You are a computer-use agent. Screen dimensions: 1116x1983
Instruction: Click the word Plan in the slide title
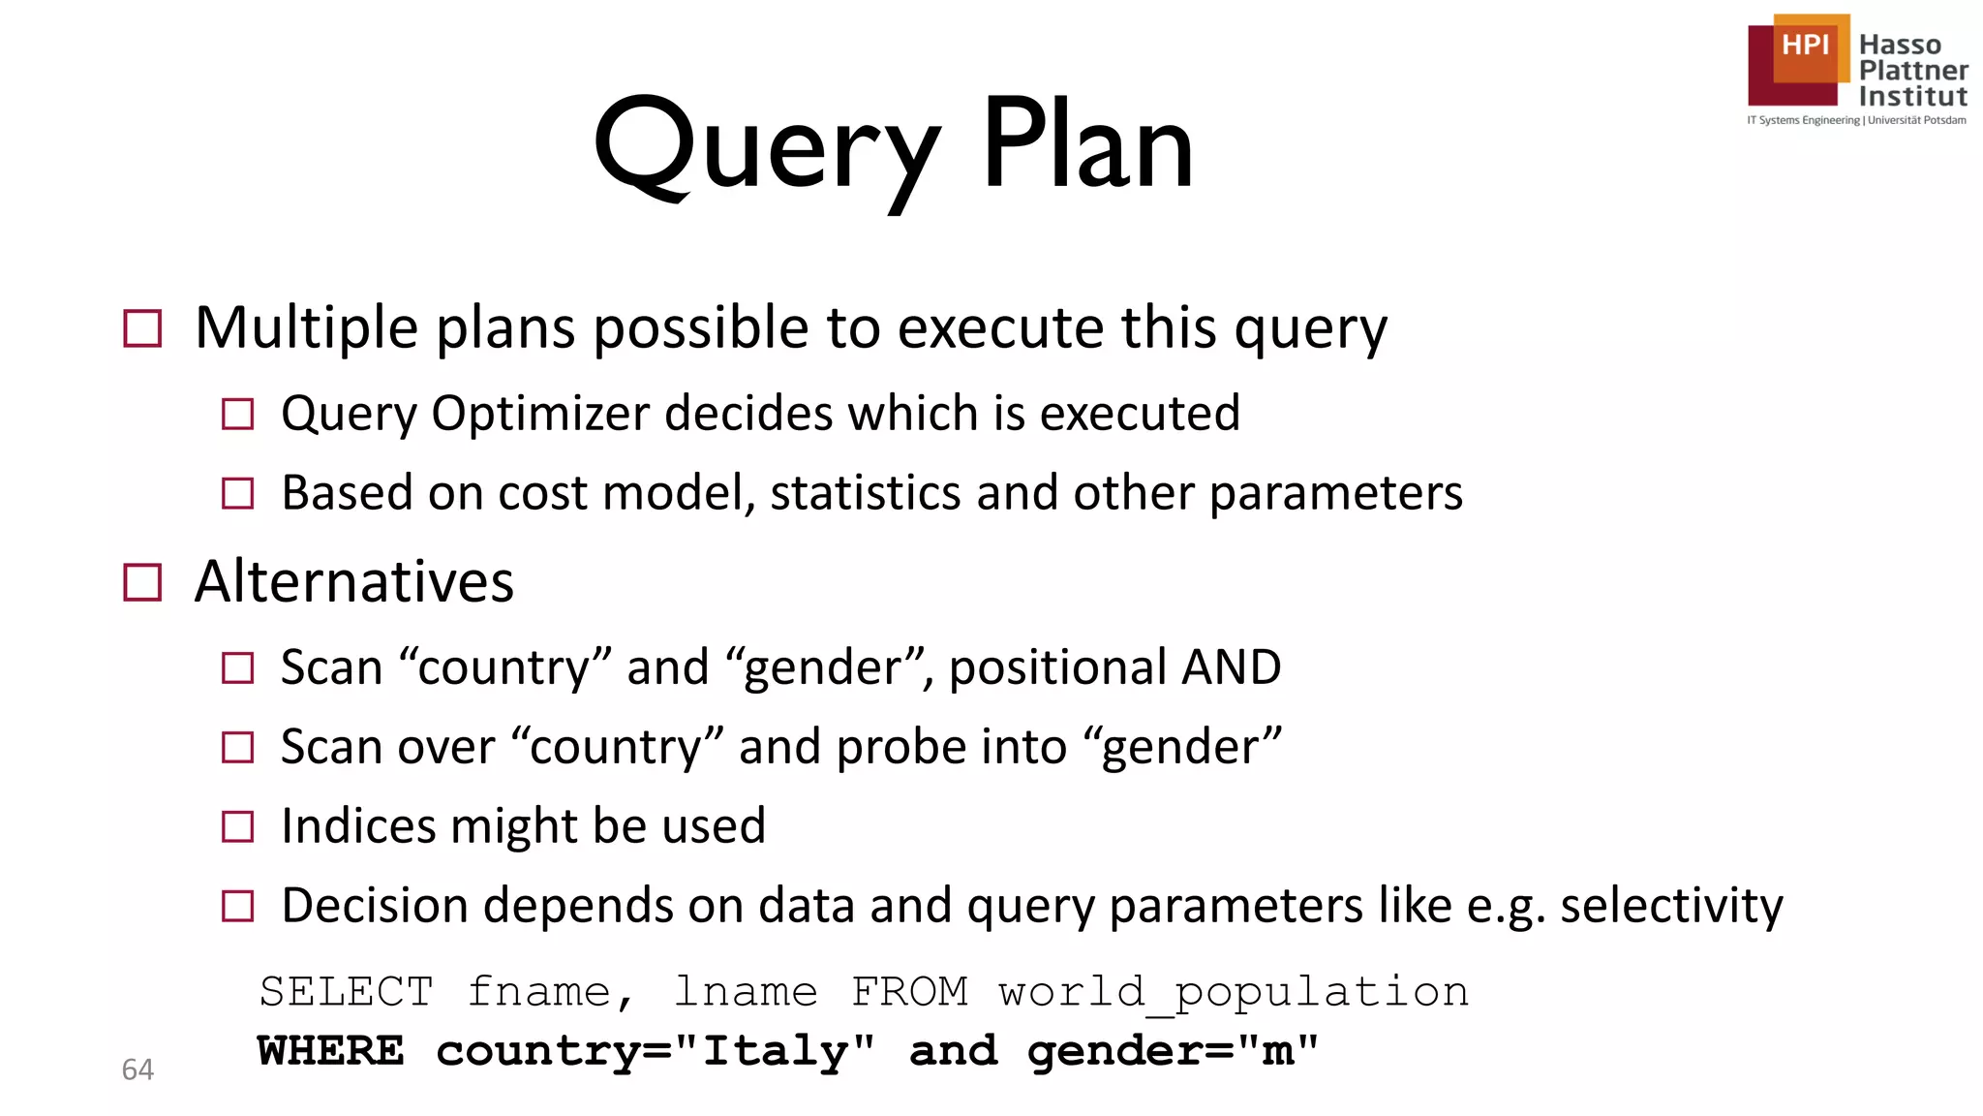tap(1087, 145)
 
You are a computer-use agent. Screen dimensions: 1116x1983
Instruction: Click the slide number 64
tap(137, 1069)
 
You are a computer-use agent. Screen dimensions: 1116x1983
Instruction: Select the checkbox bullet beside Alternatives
tap(143, 583)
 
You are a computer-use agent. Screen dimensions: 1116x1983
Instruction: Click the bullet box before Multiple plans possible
tap(143, 328)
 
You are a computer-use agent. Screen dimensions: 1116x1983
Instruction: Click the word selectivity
tap(1671, 906)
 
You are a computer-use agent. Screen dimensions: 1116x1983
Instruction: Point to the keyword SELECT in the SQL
tap(346, 992)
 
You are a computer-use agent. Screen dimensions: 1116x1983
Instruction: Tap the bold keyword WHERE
tap(330, 1051)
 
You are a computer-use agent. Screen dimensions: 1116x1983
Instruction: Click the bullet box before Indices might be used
tap(237, 827)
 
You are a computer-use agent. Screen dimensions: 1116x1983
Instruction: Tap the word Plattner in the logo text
tap(1912, 71)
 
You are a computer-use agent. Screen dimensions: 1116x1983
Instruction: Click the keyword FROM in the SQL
tap(909, 992)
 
